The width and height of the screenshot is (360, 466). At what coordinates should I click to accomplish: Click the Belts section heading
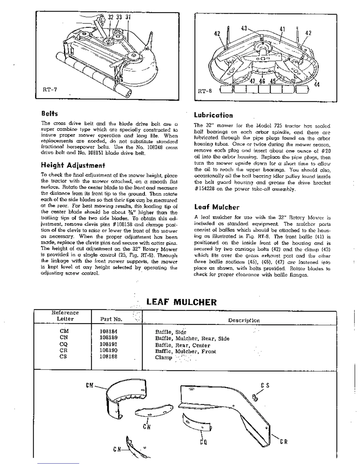49,114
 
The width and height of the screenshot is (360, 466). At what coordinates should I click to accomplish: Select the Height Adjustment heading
73,165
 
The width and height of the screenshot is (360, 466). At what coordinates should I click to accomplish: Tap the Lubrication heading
213,115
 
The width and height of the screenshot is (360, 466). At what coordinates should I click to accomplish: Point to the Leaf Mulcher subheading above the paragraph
217,207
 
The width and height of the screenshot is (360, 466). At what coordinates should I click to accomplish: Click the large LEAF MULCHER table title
181,302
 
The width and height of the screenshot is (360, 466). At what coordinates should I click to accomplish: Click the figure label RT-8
205,91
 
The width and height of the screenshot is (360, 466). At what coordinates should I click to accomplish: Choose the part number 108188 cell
109,357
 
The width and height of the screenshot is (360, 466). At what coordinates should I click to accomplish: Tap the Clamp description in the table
164,357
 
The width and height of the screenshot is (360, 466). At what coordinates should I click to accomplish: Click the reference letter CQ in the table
64,344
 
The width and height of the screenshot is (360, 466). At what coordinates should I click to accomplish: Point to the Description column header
244,320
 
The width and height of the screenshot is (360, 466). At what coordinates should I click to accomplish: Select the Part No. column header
111,319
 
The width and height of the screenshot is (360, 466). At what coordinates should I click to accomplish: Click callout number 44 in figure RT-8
316,85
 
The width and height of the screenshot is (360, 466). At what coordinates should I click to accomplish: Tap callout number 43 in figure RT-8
244,29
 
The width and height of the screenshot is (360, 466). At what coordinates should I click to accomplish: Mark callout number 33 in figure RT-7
119,17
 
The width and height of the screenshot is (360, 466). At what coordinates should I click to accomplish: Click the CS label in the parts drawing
265,385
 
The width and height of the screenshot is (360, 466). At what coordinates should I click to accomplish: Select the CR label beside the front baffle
284,442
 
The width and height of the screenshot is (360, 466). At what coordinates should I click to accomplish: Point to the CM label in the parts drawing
90,385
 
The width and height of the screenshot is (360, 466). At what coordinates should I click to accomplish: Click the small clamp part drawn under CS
255,398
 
